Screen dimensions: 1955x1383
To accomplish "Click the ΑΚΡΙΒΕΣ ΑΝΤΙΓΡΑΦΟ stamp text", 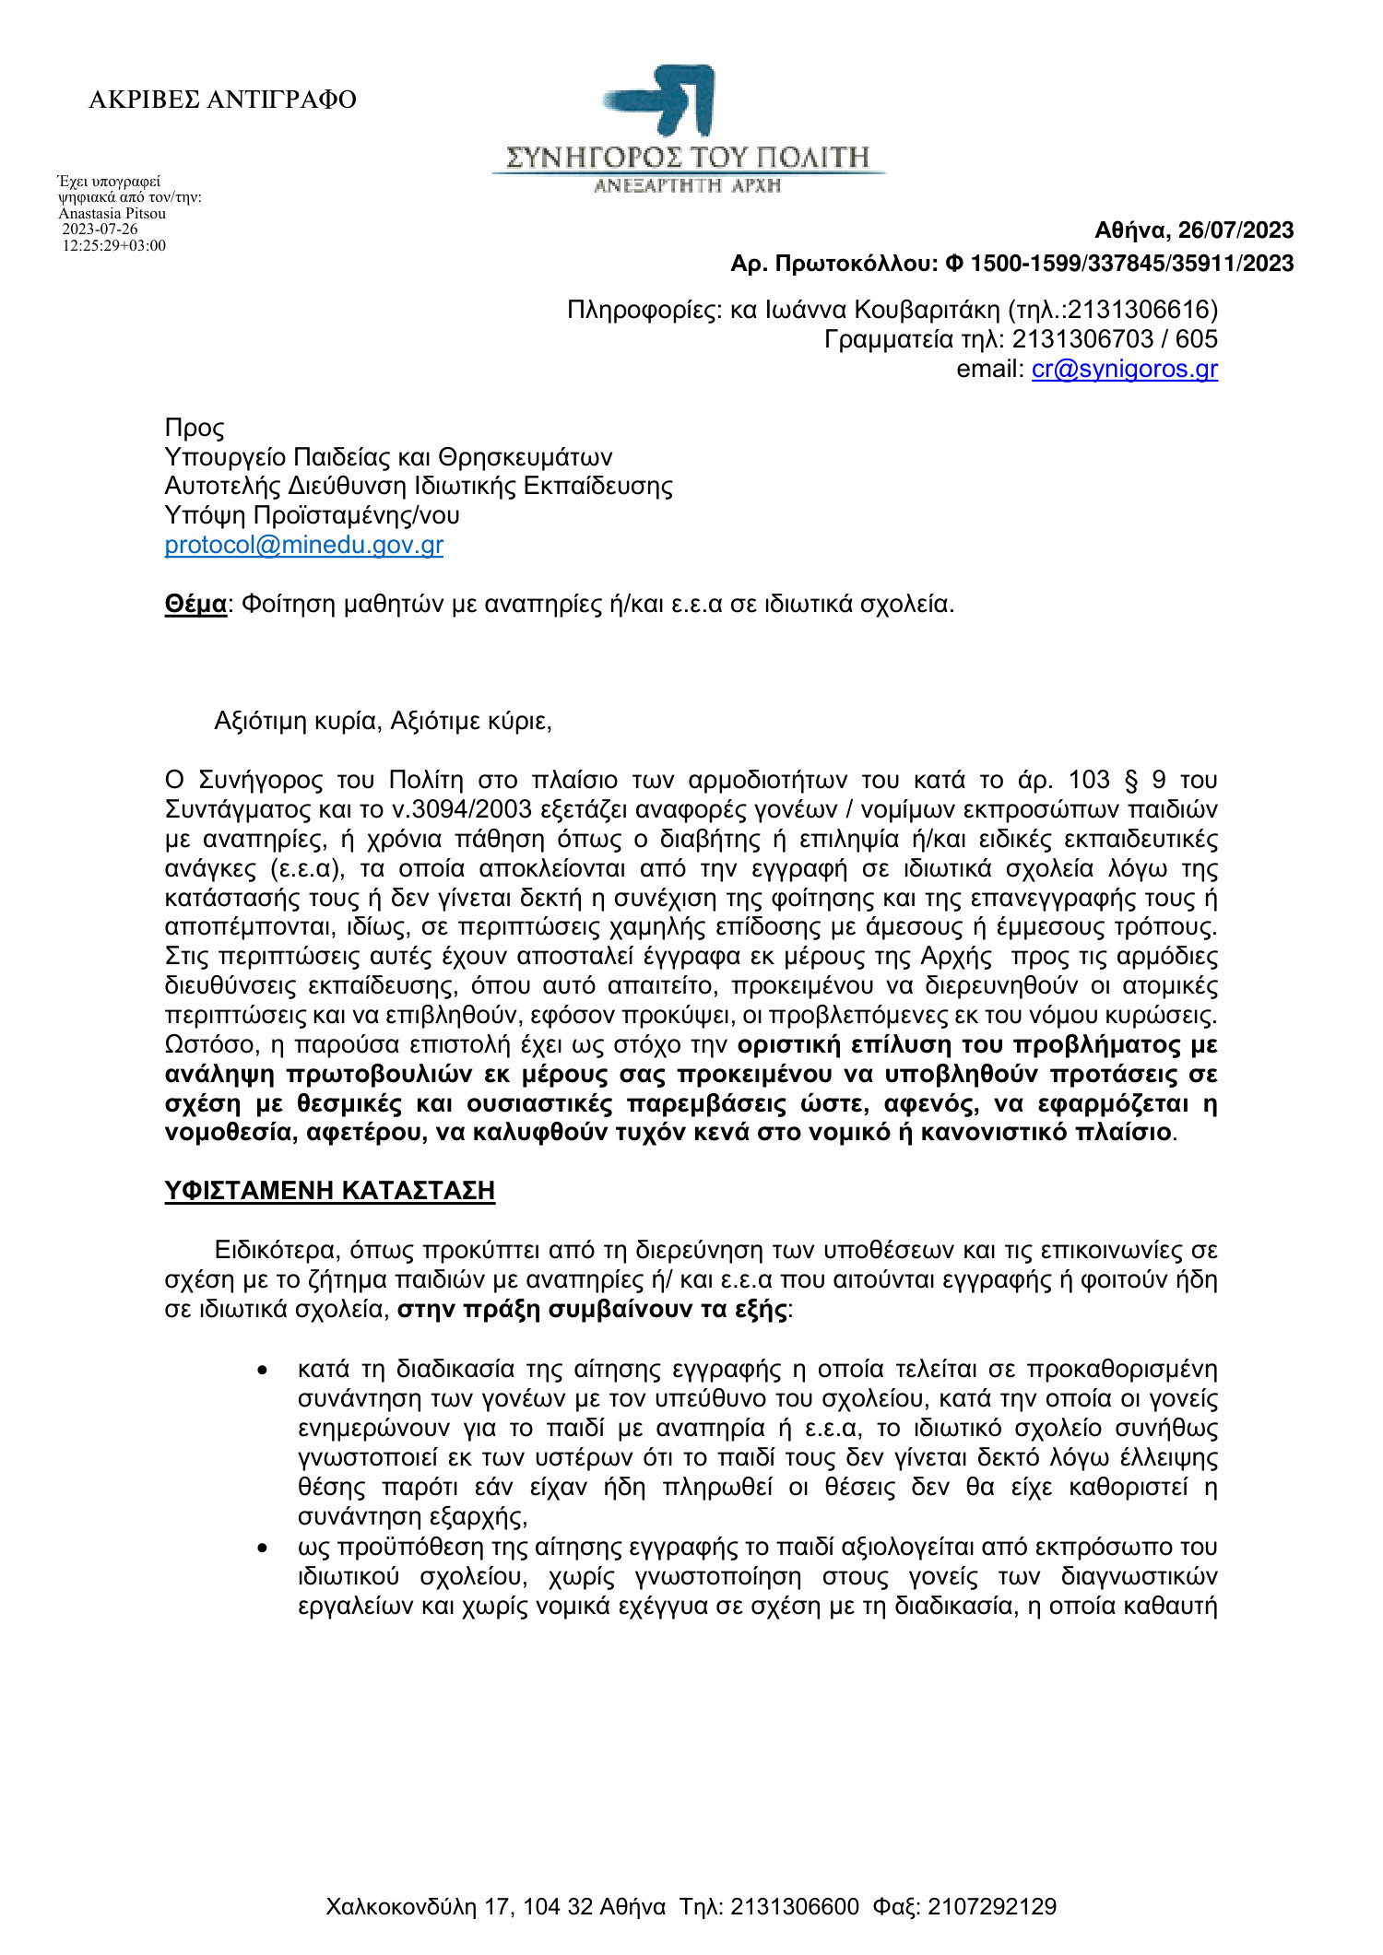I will pos(222,100).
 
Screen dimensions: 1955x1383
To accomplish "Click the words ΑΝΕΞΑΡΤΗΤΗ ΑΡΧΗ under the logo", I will pos(687,186).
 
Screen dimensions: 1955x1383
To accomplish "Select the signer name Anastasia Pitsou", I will pos(112,214).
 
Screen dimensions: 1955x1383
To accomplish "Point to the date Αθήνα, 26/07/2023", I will pos(1194,230).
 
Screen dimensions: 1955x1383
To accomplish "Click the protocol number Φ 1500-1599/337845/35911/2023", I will pos(1120,264).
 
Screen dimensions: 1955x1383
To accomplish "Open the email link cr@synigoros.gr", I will pos(1124,370).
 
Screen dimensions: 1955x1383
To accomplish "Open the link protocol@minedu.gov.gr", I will pos(303,545).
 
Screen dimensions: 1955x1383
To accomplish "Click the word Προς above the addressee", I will pos(194,428).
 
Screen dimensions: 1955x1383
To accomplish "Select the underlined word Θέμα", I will pos(195,605).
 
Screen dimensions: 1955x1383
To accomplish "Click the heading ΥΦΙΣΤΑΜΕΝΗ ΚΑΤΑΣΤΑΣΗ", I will pos(329,1191).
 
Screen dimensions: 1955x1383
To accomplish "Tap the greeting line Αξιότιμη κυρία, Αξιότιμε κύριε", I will pos(383,721).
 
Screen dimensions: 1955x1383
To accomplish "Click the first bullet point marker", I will pos(263,1371).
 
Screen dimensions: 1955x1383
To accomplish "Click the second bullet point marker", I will pos(263,1549).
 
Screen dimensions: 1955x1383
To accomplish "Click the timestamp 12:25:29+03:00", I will pos(114,246).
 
